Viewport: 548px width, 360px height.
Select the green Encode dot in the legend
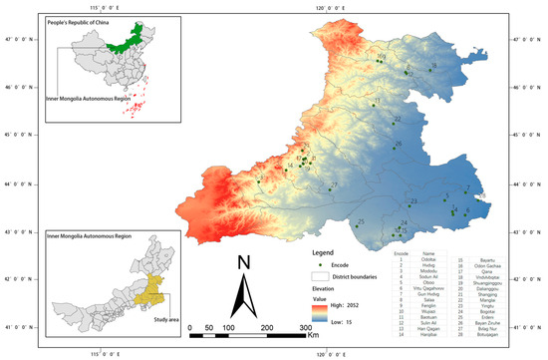click(320, 264)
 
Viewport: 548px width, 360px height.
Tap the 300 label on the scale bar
click(306, 327)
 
